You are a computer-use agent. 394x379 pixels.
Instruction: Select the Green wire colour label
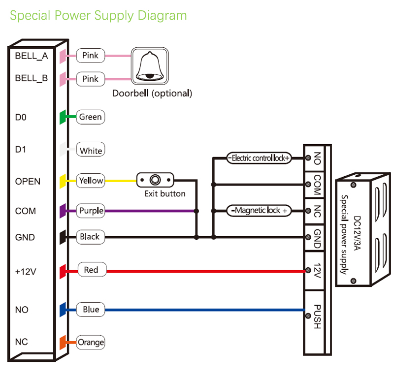pyautogui.click(x=91, y=117)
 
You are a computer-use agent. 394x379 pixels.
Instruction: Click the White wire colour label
pyautogui.click(x=91, y=151)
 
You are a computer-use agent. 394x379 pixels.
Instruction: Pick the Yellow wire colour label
pyautogui.click(x=91, y=181)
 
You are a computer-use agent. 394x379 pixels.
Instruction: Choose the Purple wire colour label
pyautogui.click(x=91, y=211)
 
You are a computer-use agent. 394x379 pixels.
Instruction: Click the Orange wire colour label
pyautogui.click(x=91, y=342)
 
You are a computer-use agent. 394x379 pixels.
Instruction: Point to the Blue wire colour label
pyautogui.click(x=91, y=310)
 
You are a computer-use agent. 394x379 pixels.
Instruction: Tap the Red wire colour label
pyautogui.click(x=91, y=270)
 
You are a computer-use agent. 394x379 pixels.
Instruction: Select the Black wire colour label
pyautogui.click(x=90, y=237)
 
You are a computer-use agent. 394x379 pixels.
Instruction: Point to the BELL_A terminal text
pyautogui.click(x=32, y=56)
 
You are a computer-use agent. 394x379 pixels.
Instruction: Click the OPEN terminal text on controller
pyautogui.click(x=28, y=181)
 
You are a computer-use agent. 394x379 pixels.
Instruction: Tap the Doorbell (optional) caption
pyautogui.click(x=152, y=93)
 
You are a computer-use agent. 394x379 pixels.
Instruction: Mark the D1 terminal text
pyautogui.click(x=20, y=149)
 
